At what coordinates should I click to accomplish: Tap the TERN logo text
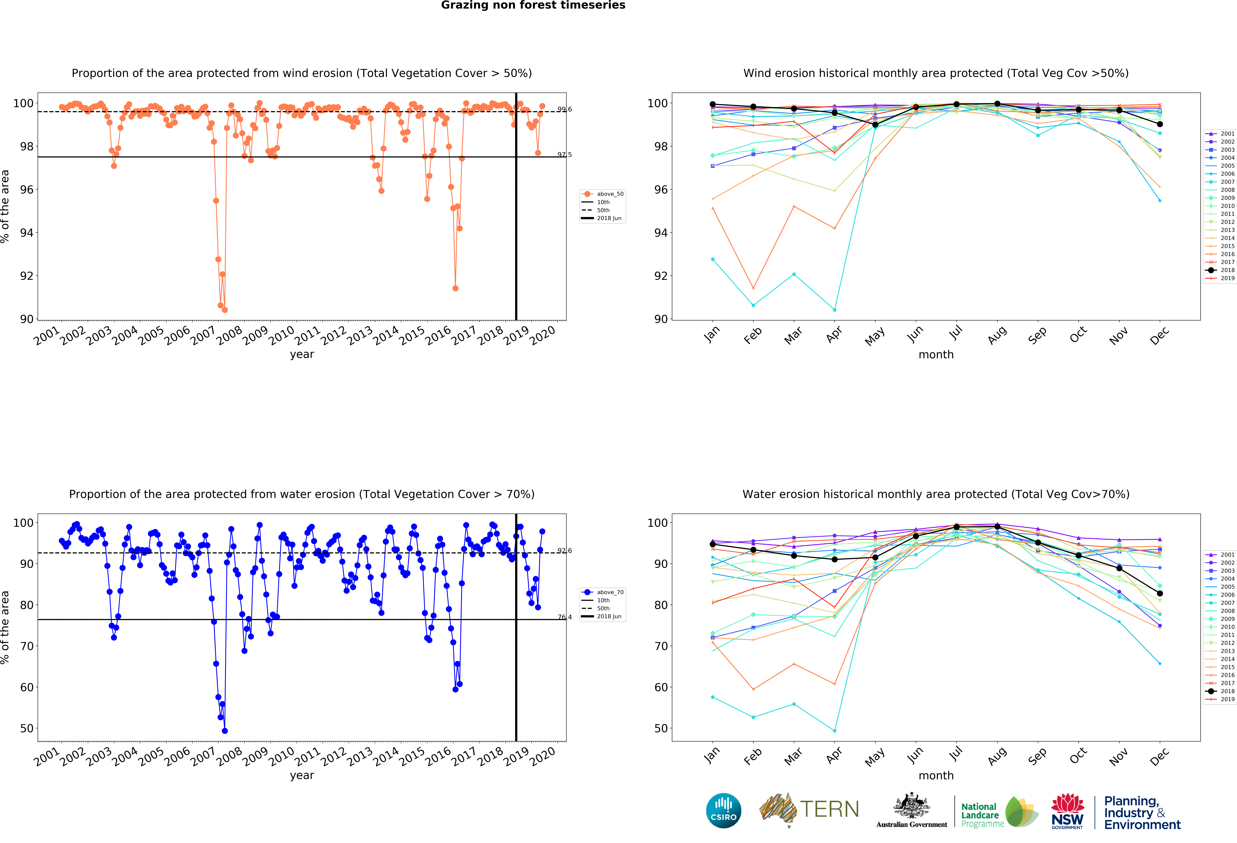[x=829, y=809]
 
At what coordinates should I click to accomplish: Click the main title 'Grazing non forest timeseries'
[x=533, y=5]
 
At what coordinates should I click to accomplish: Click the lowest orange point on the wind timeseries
[x=225, y=310]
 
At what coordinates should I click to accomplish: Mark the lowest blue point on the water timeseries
[x=225, y=731]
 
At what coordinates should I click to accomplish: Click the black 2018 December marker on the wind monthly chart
[x=1160, y=124]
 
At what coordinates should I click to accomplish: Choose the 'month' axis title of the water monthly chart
[x=936, y=775]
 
